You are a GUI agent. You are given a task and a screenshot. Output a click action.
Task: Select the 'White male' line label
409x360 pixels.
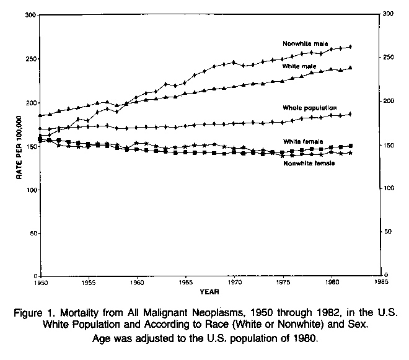(299, 66)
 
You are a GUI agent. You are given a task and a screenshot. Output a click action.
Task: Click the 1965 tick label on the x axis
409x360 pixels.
(185, 283)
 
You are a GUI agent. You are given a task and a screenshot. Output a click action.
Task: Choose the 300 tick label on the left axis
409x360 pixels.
(29, 14)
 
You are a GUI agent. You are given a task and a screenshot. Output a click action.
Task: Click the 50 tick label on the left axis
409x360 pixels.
(32, 233)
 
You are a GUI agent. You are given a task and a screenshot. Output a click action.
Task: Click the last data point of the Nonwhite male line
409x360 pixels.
(351, 46)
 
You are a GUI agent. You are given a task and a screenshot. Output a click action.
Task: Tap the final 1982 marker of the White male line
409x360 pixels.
(351, 68)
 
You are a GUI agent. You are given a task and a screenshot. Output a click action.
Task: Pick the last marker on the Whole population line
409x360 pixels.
(351, 114)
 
